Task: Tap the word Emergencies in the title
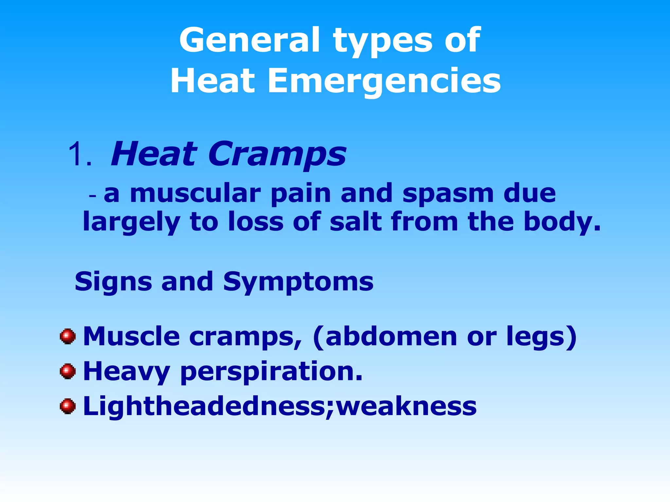(x=384, y=81)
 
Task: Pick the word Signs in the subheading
(x=113, y=282)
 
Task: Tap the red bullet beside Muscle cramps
(x=68, y=336)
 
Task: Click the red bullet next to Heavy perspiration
(x=68, y=371)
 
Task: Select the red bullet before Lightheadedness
(x=68, y=406)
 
